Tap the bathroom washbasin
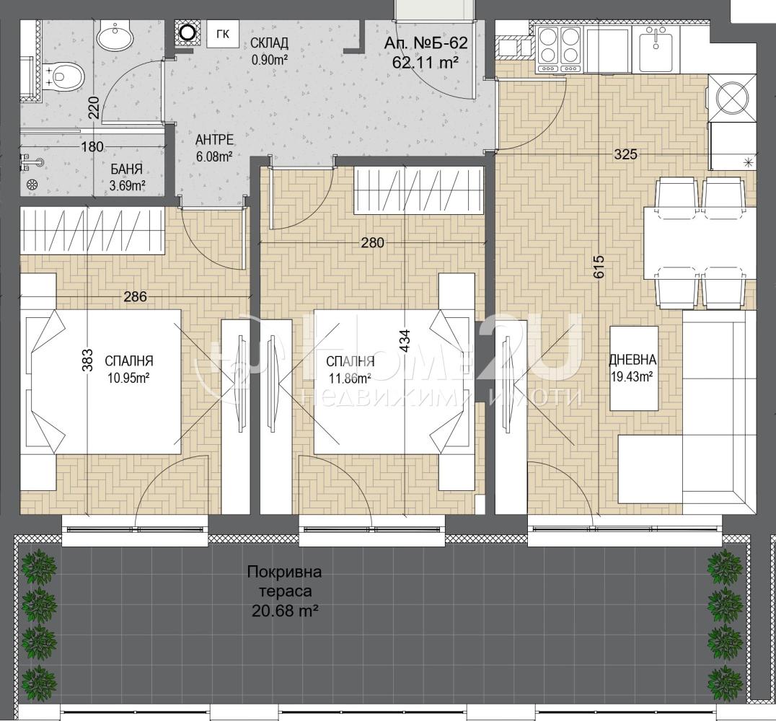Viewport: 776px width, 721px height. tap(115, 35)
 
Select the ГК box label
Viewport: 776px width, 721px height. tap(223, 34)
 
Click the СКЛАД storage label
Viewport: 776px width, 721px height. tap(269, 43)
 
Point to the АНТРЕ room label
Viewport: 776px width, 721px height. tap(214, 140)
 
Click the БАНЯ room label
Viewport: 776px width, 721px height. tap(127, 169)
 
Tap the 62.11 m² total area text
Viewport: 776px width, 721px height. tap(425, 62)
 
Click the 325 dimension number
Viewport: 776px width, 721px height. tap(625, 154)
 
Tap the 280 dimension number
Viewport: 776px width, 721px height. tap(372, 242)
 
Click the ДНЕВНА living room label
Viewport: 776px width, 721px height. tap(632, 360)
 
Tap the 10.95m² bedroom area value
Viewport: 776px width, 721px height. tap(128, 379)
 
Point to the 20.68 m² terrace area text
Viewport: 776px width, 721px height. tap(285, 611)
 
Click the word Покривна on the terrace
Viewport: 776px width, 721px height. tap(285, 572)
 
